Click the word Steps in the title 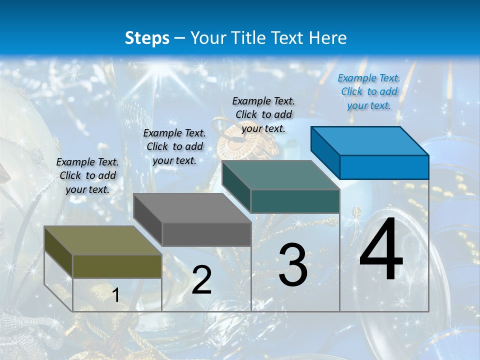pos(147,38)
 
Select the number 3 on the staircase pos(293,265)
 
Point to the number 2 pos(201,280)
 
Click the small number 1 pos(115,295)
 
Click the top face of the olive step pos(102,240)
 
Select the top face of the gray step pos(192,208)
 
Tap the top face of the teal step pos(280,175)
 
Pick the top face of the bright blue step pos(370,140)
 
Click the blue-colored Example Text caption pos(369,91)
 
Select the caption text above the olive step pos(87,175)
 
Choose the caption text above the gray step pos(174,146)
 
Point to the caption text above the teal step pos(263,114)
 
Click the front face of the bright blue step pos(384,167)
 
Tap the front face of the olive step pos(117,266)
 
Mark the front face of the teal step pos(295,201)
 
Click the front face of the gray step pos(206,234)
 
